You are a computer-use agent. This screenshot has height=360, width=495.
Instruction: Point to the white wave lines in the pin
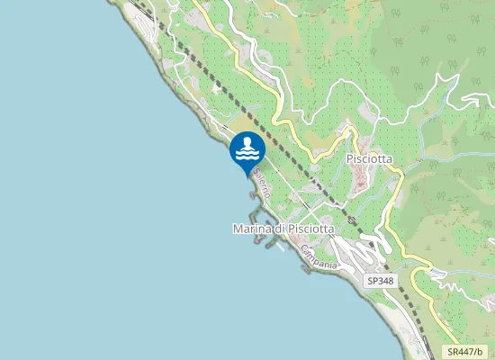(247, 156)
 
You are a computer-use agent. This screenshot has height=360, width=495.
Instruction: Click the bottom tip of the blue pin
(247, 175)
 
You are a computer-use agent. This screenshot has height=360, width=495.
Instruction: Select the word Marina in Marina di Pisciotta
(251, 230)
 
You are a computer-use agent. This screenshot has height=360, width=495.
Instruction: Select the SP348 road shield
(381, 282)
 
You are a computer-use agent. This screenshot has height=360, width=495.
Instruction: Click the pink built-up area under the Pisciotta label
(362, 180)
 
